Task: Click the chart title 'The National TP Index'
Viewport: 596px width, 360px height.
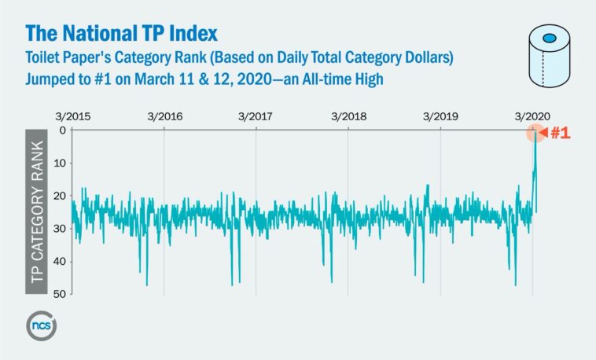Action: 121,34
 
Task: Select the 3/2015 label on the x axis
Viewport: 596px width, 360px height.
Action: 73,116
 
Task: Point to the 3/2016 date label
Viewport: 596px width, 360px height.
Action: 164,116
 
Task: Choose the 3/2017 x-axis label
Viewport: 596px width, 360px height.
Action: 256,116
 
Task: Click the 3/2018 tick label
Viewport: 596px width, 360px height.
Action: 348,116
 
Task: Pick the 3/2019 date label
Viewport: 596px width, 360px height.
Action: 440,116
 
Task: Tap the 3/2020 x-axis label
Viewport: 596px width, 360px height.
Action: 532,116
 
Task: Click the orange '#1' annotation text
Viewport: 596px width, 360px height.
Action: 560,133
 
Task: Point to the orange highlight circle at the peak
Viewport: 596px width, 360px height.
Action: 535,131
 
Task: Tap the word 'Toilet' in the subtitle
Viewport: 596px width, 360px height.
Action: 43,59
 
